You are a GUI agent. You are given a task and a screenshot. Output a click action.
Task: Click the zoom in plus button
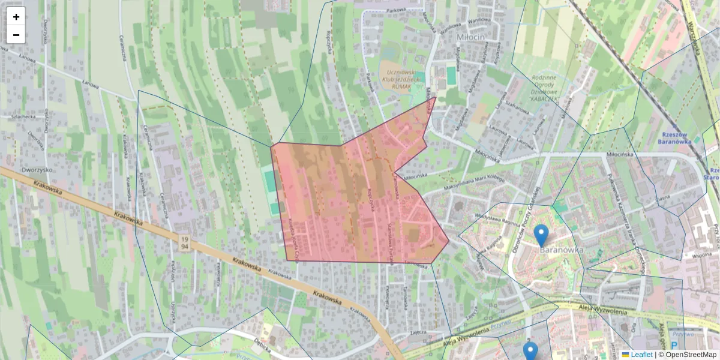[x=16, y=17]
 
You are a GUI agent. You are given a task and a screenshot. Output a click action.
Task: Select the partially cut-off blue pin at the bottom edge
[x=530, y=352]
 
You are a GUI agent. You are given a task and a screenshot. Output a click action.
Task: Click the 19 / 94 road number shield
[x=184, y=243]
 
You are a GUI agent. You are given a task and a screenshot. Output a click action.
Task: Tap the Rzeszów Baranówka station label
[x=676, y=139]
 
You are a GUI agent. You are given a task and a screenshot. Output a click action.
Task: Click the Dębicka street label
[x=262, y=347]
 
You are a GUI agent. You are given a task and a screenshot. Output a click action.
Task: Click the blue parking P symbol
[x=674, y=346]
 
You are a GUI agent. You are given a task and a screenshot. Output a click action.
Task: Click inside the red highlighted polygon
[x=348, y=204]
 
